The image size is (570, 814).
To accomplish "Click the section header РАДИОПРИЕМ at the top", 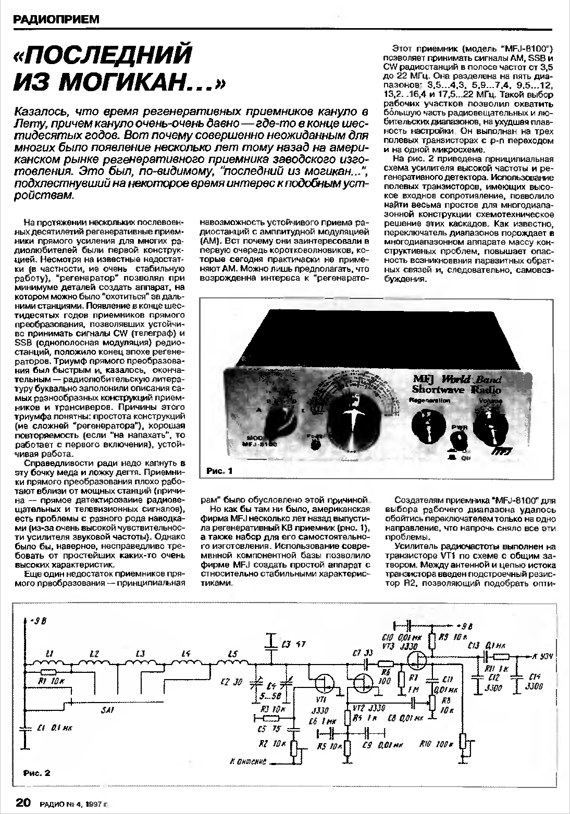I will coord(55,20).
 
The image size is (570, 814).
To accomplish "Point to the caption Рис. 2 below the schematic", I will coord(37,773).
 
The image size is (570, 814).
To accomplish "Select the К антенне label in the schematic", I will coord(248,761).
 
